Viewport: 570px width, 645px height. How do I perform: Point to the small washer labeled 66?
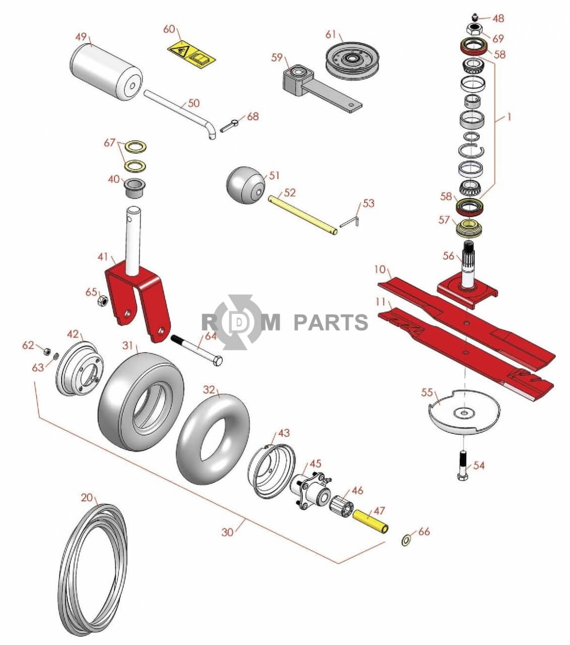(x=406, y=541)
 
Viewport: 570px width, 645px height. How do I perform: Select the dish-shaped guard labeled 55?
(x=463, y=411)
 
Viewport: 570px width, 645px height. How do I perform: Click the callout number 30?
(x=228, y=532)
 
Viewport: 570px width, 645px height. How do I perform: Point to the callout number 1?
(x=509, y=117)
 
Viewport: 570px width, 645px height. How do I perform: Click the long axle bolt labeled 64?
(x=197, y=349)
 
